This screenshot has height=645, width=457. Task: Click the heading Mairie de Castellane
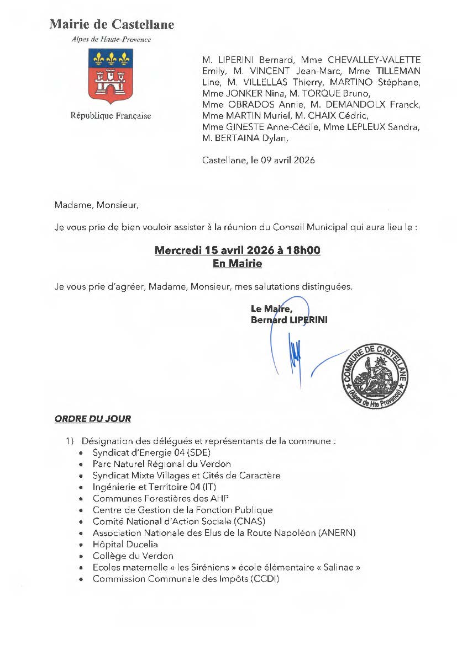point(112,24)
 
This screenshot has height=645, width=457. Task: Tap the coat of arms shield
point(111,76)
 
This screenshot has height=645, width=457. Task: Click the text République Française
point(111,116)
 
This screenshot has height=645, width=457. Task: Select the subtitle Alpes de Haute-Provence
point(111,39)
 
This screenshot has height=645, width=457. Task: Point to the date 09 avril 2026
point(287,161)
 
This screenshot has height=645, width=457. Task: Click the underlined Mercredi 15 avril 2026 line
point(237,250)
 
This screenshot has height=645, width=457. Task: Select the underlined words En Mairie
point(237,264)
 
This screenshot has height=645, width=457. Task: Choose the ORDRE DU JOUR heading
point(93,419)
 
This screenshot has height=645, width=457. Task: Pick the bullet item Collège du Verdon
point(133,556)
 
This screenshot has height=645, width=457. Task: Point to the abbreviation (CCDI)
point(265,579)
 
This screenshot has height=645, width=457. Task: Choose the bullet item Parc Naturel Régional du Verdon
point(162,464)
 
